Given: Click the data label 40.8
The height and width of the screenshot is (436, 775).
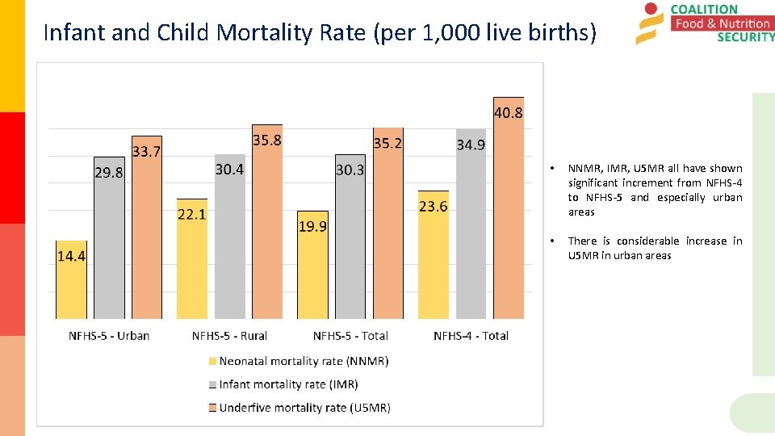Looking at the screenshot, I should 509,113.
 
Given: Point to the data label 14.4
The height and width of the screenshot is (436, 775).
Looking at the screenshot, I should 71,256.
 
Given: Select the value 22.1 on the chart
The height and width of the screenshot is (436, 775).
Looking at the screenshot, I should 192,214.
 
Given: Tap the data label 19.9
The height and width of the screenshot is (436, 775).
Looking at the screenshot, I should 313,226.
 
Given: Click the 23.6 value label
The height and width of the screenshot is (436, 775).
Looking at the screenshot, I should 434,207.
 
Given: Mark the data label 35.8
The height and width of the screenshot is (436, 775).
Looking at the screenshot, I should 267,140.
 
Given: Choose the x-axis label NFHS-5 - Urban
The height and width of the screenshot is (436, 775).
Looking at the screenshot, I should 109,335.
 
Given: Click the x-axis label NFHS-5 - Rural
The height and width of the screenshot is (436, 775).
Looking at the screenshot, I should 229,335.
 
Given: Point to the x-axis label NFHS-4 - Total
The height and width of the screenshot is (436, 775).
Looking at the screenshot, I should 471,335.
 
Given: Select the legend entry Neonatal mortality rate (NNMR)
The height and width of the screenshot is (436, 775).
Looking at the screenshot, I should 304,361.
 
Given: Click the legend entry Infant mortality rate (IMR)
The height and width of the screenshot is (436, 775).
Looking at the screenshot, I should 288,384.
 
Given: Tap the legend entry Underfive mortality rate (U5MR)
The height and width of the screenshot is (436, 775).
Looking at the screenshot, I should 304,408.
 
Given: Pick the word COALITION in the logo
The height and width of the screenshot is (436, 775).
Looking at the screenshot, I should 704,10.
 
